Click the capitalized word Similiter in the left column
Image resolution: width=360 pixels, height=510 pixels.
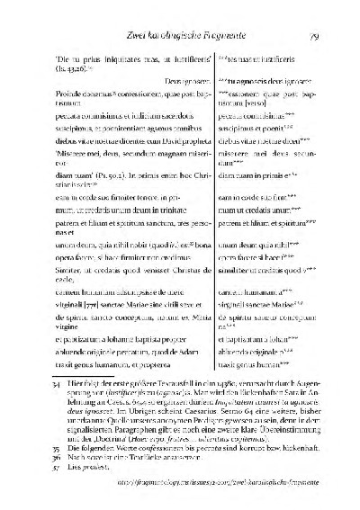[x=46, y=244]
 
